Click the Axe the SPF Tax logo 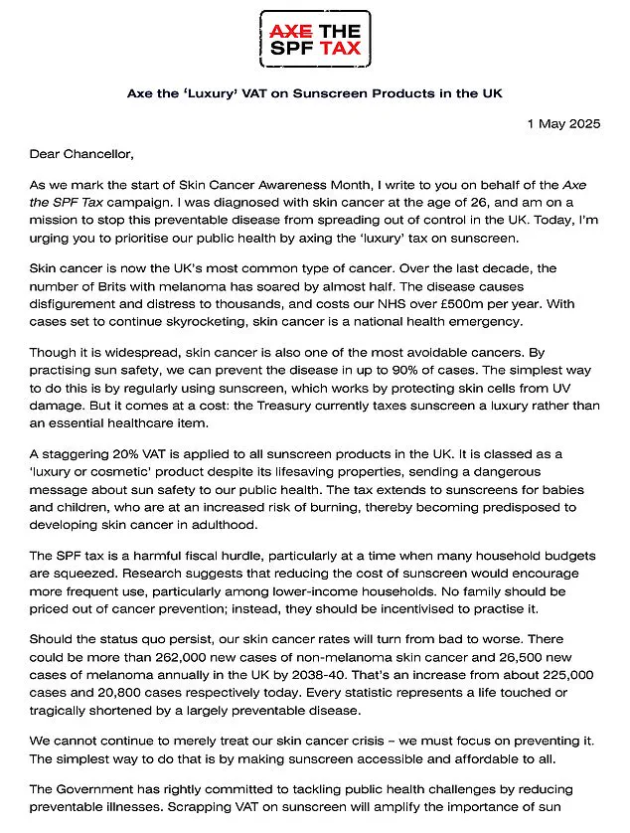[x=315, y=38]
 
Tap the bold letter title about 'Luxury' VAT [x=314, y=93]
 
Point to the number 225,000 [x=568, y=673]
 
